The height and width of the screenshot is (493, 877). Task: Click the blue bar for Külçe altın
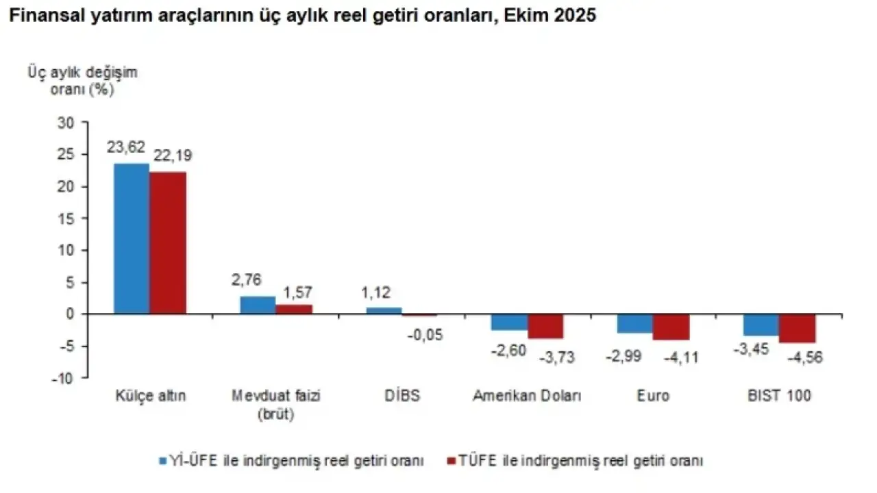pyautogui.click(x=132, y=238)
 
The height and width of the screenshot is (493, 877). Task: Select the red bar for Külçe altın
pyautogui.click(x=168, y=242)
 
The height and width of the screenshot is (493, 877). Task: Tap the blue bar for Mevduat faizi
pyautogui.click(x=258, y=305)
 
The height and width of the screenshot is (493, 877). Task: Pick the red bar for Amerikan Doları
pyautogui.click(x=545, y=327)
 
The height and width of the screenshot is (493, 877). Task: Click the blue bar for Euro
pyautogui.click(x=635, y=324)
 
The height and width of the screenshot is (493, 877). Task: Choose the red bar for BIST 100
pyautogui.click(x=797, y=329)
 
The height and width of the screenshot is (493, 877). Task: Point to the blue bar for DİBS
pyautogui.click(x=384, y=311)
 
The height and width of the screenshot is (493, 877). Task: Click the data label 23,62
pyautogui.click(x=126, y=147)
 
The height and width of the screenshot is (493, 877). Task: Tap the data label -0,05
pyautogui.click(x=425, y=335)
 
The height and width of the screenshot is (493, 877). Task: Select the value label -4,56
pyautogui.click(x=805, y=357)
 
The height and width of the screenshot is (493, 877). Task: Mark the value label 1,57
pyautogui.click(x=297, y=292)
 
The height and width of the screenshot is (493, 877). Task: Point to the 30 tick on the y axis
pyautogui.click(x=66, y=123)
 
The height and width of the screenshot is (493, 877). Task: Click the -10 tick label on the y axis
pyautogui.click(x=62, y=379)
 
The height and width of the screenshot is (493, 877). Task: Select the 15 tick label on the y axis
pyautogui.click(x=66, y=218)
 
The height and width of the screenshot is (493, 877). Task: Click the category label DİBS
pyautogui.click(x=402, y=396)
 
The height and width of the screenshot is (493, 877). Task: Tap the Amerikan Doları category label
pyautogui.click(x=527, y=396)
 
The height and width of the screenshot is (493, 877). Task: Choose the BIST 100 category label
pyautogui.click(x=779, y=396)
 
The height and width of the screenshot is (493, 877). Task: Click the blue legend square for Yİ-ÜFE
pyautogui.click(x=163, y=461)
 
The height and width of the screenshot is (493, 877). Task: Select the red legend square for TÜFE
pyautogui.click(x=452, y=461)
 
